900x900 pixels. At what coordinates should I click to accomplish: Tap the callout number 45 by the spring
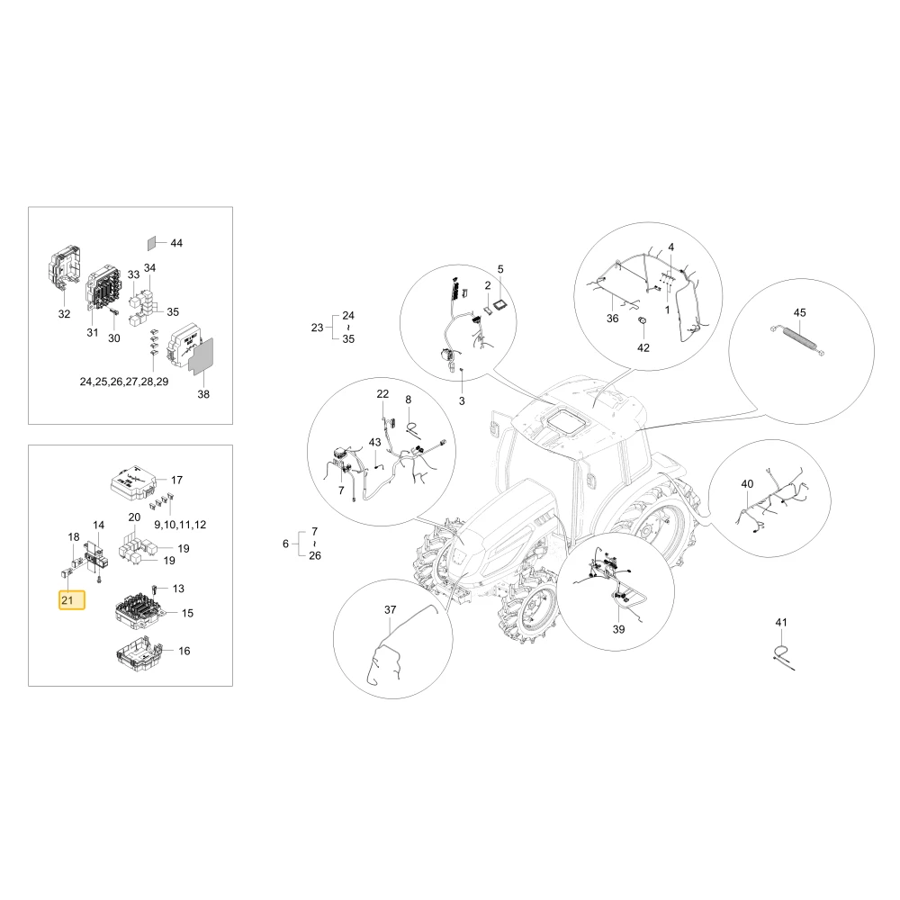[x=799, y=313]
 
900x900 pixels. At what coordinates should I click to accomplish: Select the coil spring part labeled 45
[x=798, y=341]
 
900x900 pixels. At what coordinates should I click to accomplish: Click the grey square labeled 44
[x=151, y=243]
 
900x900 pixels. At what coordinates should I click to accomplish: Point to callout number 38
[x=203, y=394]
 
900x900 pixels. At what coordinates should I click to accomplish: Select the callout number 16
[x=184, y=651]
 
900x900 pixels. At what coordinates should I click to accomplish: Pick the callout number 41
[x=781, y=622]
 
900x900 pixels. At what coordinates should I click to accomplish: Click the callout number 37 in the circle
[x=391, y=609]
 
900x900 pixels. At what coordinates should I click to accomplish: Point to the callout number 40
[x=747, y=484]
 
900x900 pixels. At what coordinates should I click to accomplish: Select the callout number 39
[x=618, y=629]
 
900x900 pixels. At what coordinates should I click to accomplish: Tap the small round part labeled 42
[x=643, y=319]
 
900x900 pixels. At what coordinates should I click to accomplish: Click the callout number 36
[x=612, y=318]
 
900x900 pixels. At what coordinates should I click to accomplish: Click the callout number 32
[x=64, y=313]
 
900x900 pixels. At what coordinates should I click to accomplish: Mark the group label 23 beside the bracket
[x=318, y=328]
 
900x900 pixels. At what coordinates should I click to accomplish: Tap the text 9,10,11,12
[x=180, y=524]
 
